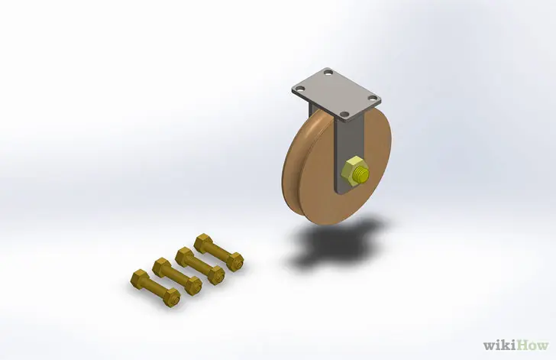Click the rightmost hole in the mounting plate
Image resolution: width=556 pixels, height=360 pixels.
pos(373,98)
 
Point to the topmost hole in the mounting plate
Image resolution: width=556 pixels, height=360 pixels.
pos(328,73)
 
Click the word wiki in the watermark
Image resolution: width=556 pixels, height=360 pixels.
pos(499,345)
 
